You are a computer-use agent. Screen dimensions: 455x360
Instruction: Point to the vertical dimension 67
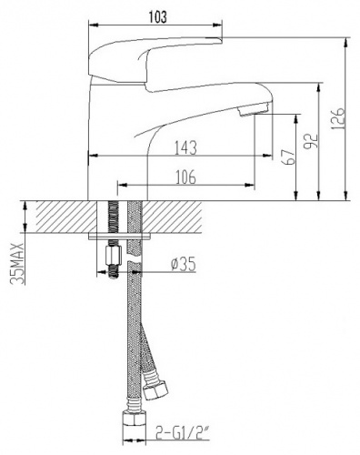[289, 157]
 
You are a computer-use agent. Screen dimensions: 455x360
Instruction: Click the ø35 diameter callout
[184, 267]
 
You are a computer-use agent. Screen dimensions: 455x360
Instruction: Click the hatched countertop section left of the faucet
[59, 217]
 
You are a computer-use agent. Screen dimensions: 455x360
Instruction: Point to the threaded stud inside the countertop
[114, 217]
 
